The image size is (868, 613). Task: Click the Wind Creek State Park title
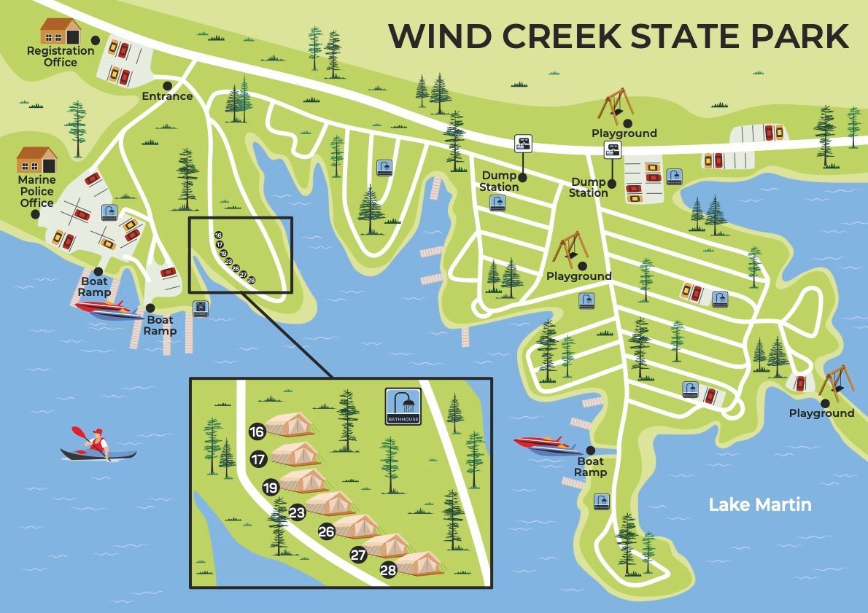point(619,36)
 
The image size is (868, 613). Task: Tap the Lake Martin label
point(759,504)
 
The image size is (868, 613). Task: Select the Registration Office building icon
point(60,31)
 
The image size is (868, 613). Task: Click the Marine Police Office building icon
point(37,160)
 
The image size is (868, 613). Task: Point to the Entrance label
point(167,96)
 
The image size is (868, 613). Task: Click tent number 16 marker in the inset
point(257,432)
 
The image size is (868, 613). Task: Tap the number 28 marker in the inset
point(388,570)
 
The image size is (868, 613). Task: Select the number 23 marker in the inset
point(297,512)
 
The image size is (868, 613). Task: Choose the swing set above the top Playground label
point(614,106)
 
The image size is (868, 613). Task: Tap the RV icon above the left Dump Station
point(523,143)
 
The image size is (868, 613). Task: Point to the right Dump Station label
point(589,187)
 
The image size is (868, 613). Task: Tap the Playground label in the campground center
point(578,276)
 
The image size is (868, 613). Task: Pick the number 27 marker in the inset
point(358,554)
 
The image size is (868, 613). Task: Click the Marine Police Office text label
point(37,191)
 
